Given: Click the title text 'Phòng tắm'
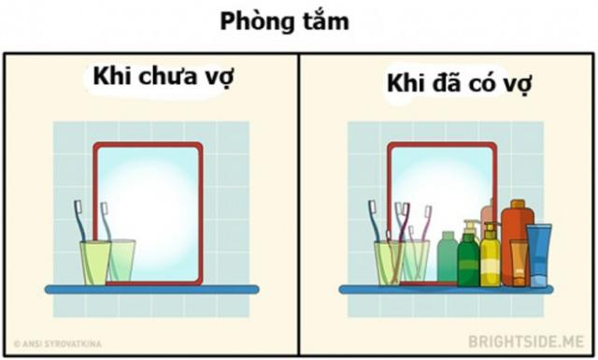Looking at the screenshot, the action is (x=285, y=21).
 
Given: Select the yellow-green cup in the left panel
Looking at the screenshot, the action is (x=95, y=262).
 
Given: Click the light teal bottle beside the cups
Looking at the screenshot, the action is (x=448, y=258).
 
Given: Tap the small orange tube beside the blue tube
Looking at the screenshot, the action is (x=519, y=263).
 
